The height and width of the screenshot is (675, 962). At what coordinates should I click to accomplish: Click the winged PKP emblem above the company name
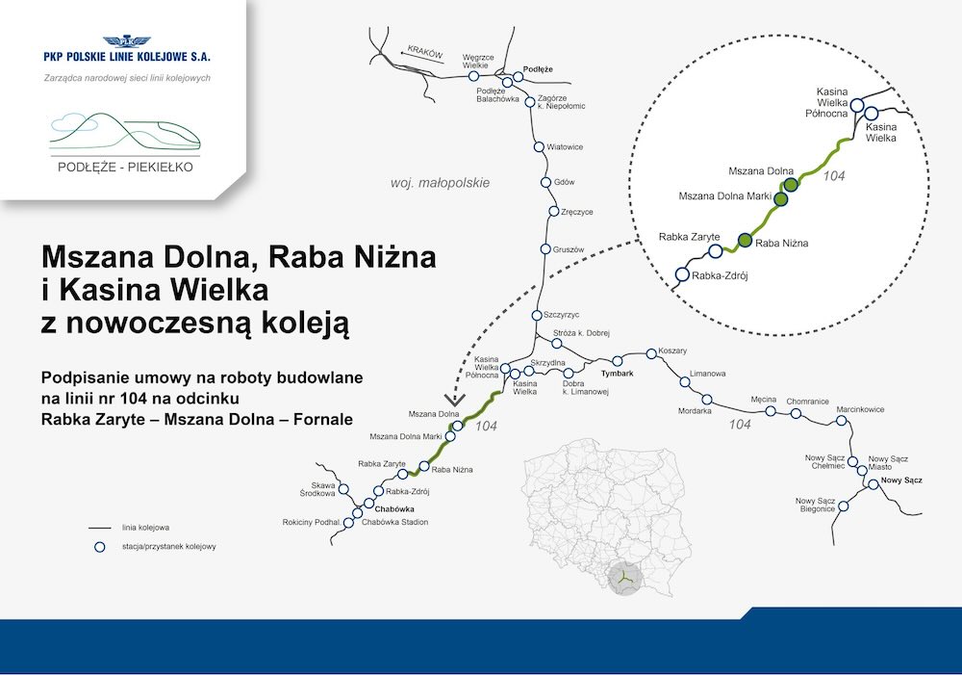coord(126,41)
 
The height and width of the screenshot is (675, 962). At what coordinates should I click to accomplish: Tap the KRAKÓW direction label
coord(425,52)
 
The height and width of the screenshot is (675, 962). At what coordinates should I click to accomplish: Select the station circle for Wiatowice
coord(539,146)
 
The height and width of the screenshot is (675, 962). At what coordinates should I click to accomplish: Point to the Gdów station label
coord(565,182)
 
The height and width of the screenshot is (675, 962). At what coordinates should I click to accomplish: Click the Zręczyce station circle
coord(553,211)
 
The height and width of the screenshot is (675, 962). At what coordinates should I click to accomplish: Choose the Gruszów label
coord(569,250)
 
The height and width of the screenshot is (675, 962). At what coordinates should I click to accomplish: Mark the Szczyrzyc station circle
coord(537,315)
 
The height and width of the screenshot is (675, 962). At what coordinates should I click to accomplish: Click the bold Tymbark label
coord(618,374)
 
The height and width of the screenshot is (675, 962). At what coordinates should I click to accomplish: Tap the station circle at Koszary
coord(651,353)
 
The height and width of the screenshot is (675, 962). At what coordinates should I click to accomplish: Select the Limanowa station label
coord(707,374)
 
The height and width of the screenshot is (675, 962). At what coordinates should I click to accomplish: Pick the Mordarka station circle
coord(707,400)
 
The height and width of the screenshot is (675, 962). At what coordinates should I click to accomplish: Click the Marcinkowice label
coord(860,409)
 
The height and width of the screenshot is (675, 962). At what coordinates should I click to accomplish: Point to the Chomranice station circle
coord(796,413)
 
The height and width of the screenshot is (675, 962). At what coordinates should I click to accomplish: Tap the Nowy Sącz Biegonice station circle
coord(844,506)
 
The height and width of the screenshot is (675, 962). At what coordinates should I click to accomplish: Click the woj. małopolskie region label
coord(440,183)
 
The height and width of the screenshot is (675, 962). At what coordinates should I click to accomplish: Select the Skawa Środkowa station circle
coord(343,489)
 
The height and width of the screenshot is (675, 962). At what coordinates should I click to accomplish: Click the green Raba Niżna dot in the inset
coord(745,240)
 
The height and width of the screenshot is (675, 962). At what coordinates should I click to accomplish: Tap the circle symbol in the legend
coord(99,547)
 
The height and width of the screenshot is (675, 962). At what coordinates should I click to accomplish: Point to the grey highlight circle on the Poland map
coord(625,579)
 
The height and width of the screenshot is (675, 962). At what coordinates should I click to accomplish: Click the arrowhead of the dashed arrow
coord(455,400)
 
